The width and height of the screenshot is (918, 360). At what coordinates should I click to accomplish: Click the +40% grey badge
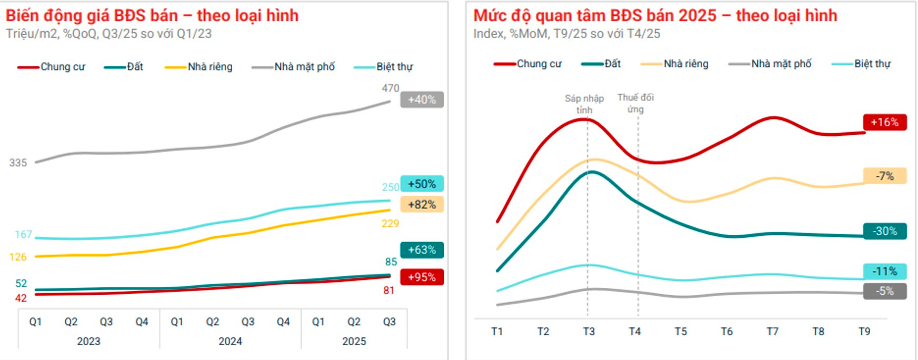(x=422, y=99)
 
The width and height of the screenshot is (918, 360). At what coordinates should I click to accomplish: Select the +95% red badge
(x=422, y=277)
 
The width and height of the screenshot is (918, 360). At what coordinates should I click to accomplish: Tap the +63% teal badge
(x=422, y=250)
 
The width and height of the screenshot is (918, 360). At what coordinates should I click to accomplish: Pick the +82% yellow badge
(x=422, y=205)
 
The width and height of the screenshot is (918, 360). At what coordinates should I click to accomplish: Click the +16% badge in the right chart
(x=884, y=122)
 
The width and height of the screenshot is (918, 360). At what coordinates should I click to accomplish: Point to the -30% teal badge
(x=884, y=231)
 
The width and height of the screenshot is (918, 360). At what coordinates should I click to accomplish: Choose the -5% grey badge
(x=884, y=291)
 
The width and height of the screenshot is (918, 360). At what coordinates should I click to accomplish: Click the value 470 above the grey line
(x=391, y=88)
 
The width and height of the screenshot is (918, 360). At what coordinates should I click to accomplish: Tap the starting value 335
(x=18, y=163)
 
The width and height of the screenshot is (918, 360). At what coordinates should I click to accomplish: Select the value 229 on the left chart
(x=390, y=224)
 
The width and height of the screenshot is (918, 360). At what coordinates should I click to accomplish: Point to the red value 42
(x=21, y=298)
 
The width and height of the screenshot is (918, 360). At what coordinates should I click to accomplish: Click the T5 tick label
(x=681, y=332)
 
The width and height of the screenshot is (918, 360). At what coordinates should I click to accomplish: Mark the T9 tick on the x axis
(x=864, y=332)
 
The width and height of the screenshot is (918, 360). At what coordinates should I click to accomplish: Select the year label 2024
(x=230, y=341)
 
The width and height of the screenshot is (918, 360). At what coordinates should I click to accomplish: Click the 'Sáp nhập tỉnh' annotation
(x=584, y=104)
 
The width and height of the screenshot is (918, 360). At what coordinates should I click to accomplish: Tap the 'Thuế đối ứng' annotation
(x=635, y=103)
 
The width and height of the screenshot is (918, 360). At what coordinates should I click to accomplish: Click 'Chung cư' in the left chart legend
(x=63, y=67)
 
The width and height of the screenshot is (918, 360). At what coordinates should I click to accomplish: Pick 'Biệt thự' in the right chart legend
(x=872, y=64)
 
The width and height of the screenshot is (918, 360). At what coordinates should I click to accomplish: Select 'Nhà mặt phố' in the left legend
(x=304, y=67)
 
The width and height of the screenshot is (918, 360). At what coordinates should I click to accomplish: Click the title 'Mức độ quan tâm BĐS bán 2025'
(x=595, y=16)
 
